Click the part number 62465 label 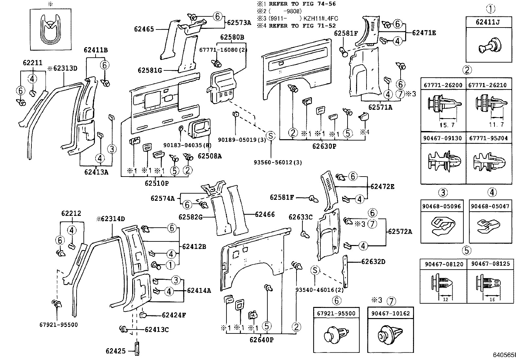click(x=144, y=29)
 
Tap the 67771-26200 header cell click(x=443, y=85)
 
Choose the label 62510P click(x=157, y=183)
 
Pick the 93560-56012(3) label click(x=278, y=162)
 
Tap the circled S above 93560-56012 click(x=271, y=136)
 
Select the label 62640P click(x=261, y=340)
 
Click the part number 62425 click(x=116, y=351)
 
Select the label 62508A click(x=209, y=156)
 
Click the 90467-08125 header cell click(x=490, y=264)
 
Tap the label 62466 click(x=264, y=215)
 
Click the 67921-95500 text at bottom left click(x=59, y=325)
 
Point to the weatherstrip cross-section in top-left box click(x=50, y=28)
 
